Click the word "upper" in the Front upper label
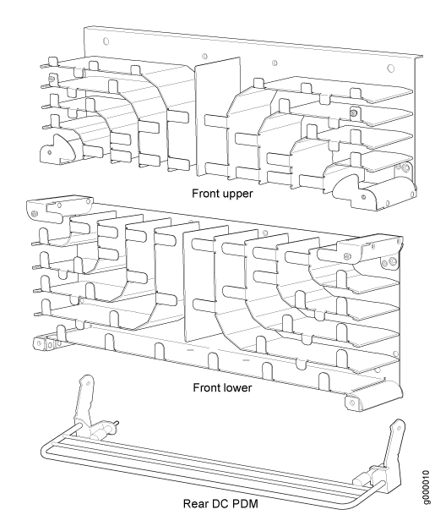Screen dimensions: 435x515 (237, 194)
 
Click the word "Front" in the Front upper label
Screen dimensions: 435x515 (205, 194)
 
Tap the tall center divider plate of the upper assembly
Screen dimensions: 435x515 (218, 117)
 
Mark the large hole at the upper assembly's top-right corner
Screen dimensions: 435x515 (391, 68)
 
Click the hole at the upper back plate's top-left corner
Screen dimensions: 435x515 (106, 41)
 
